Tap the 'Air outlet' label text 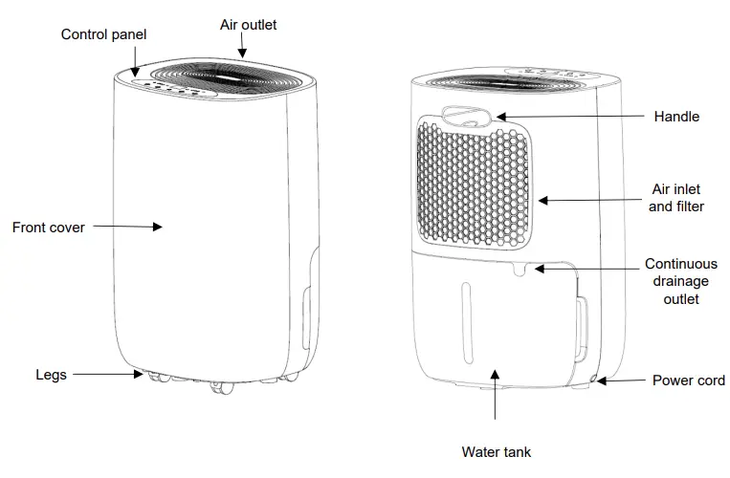tap(248, 25)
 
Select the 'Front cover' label tap(48, 228)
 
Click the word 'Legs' tap(51, 375)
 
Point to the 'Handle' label tap(676, 117)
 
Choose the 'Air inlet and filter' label tap(676, 198)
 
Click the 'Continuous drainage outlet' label tap(680, 281)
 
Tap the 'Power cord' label tap(689, 380)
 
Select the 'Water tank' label tap(496, 451)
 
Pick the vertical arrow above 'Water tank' tap(496, 397)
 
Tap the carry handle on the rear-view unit tap(468, 117)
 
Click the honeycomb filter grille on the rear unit tap(475, 186)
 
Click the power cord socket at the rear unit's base tap(595, 380)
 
